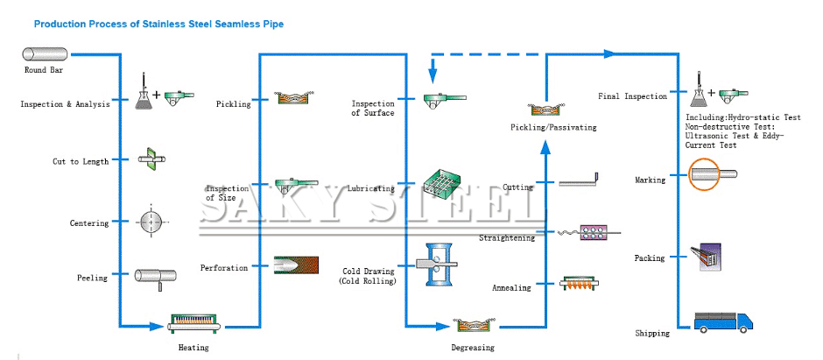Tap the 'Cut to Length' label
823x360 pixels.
[x=81, y=161]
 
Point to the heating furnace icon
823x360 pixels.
[x=192, y=325]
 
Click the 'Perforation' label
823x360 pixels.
[x=224, y=267]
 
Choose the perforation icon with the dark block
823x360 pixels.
[x=290, y=265]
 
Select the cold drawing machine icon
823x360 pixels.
[x=443, y=265]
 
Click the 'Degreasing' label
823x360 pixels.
[x=473, y=347]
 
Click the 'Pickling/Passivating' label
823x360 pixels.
[x=553, y=127]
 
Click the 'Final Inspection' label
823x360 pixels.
[x=632, y=96]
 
